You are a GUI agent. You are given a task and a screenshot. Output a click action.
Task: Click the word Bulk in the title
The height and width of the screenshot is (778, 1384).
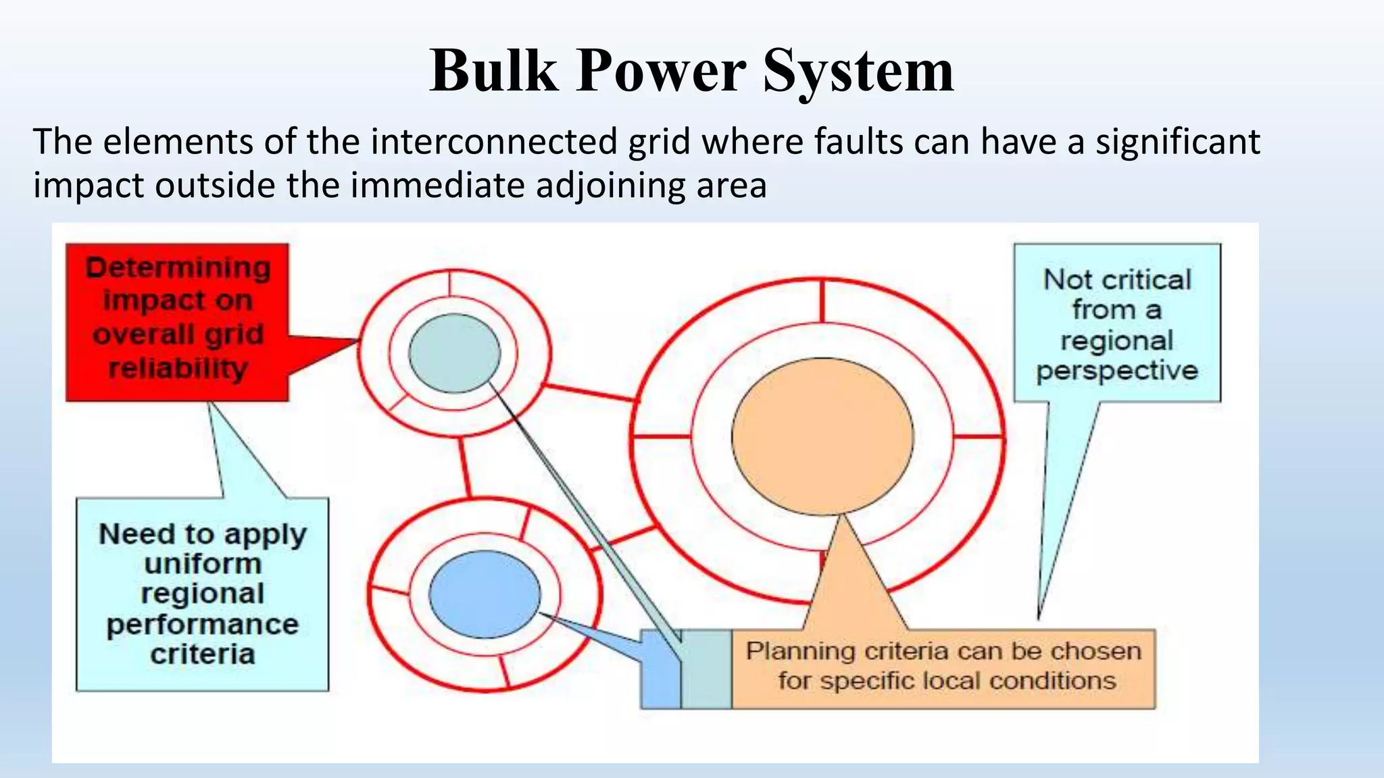click(494, 71)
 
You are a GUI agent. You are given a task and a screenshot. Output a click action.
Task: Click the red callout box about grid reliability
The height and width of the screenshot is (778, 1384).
click(177, 322)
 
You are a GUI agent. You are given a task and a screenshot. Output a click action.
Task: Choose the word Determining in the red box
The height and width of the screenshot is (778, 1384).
click(178, 268)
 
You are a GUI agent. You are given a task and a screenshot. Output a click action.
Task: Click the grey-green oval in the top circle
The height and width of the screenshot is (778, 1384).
click(454, 353)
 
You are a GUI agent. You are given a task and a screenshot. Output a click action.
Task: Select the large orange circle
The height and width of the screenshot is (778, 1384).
click(822, 436)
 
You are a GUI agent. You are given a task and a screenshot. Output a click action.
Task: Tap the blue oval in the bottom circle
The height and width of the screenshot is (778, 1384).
click(485, 594)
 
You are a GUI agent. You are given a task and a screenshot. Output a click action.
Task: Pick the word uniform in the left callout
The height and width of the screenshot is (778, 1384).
click(203, 564)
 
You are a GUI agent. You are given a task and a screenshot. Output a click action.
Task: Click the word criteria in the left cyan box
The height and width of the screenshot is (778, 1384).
click(203, 654)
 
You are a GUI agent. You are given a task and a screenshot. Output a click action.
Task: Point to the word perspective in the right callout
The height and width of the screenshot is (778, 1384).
click(1117, 371)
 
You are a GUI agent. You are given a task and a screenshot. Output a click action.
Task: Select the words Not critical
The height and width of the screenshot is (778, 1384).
click(1117, 280)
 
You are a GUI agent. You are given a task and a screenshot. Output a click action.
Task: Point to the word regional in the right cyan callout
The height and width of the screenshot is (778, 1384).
click(1117, 340)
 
